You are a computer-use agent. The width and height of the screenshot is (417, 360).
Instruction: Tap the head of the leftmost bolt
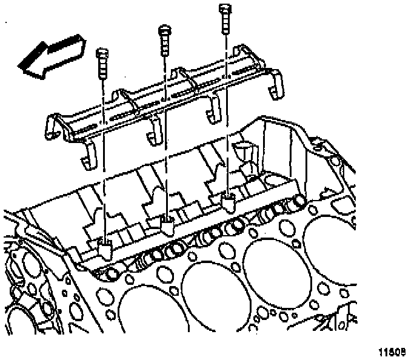coord(101,53)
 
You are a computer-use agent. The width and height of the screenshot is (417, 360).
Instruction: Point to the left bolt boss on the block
coord(104,247)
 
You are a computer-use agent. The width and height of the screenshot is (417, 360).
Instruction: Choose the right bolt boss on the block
coord(229,202)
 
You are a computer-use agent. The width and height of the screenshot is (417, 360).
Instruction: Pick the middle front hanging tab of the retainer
coord(153,130)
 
